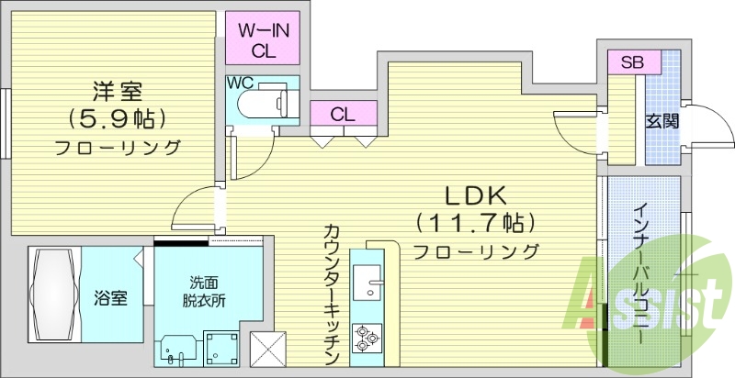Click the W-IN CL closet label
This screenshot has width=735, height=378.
265,39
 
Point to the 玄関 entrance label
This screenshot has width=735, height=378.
661,120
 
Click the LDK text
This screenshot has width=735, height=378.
476,195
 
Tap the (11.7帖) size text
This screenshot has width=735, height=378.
475,222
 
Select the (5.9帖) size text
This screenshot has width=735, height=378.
116,117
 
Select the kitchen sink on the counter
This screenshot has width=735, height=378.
372,280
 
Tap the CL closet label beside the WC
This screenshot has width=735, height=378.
343,115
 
